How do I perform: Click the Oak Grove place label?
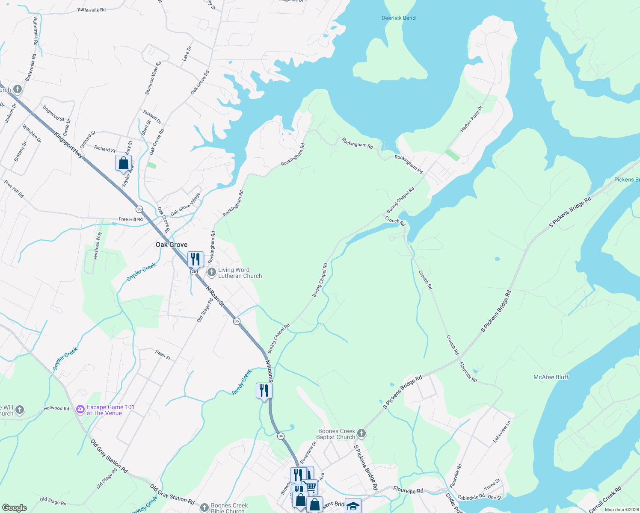click(x=172, y=245)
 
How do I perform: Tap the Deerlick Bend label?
click(x=398, y=18)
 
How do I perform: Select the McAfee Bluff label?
click(x=551, y=377)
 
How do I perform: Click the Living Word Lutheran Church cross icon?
click(x=211, y=272)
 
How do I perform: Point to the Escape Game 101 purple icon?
click(x=80, y=410)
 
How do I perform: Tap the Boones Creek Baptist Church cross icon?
click(x=361, y=434)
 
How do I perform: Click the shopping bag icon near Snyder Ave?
click(x=123, y=163)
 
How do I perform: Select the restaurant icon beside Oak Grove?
click(x=196, y=259)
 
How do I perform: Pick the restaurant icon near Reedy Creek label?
click(x=264, y=390)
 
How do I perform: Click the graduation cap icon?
click(x=353, y=506)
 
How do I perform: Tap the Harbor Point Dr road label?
click(x=471, y=118)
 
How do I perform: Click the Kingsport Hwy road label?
click(x=68, y=145)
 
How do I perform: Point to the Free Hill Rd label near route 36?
click(x=130, y=219)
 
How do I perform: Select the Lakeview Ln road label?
click(x=502, y=431)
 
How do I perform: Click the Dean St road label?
click(x=163, y=354)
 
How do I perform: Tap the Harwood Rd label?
click(x=56, y=408)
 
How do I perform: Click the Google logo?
click(x=14, y=508)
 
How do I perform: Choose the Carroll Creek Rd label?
click(x=605, y=500)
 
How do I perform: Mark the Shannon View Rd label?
click(x=153, y=78)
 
